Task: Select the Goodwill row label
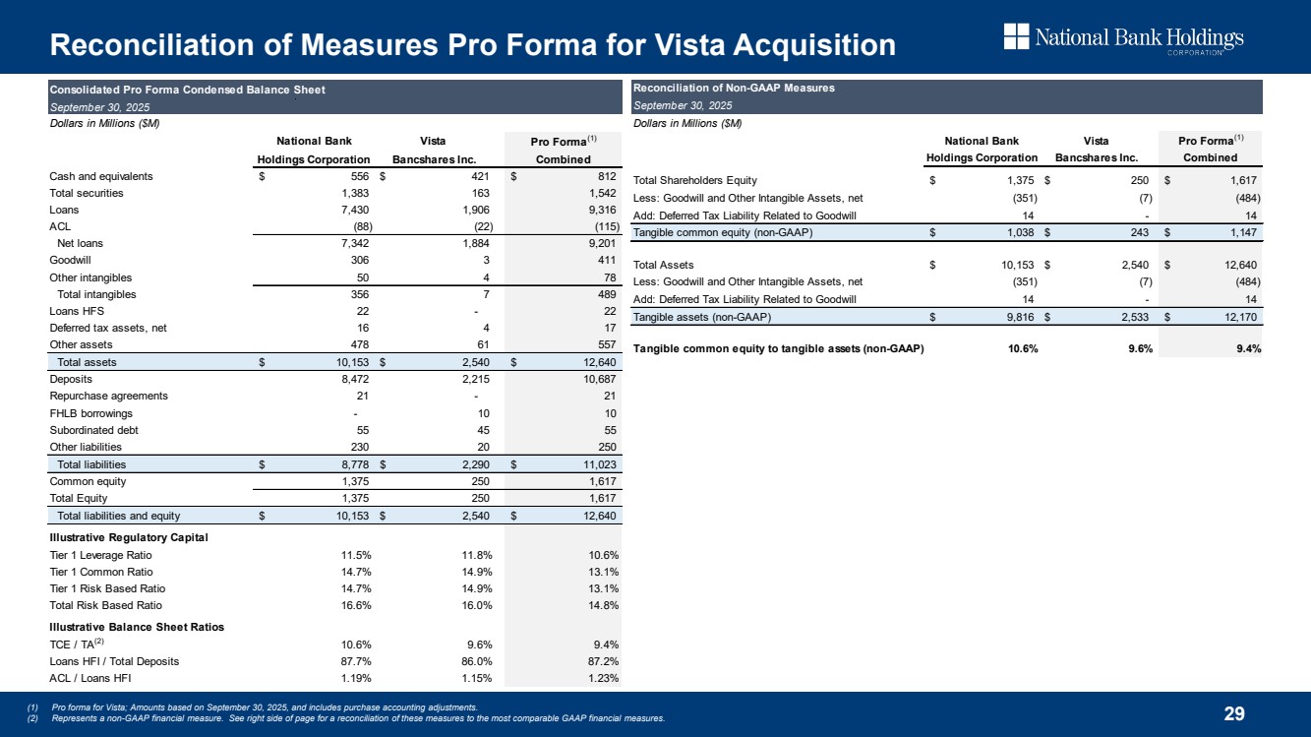(x=70, y=261)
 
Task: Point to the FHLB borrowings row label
(x=90, y=412)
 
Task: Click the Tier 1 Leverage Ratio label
(x=100, y=555)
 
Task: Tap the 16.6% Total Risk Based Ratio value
(x=352, y=605)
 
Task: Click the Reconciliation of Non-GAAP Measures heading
(x=734, y=88)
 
